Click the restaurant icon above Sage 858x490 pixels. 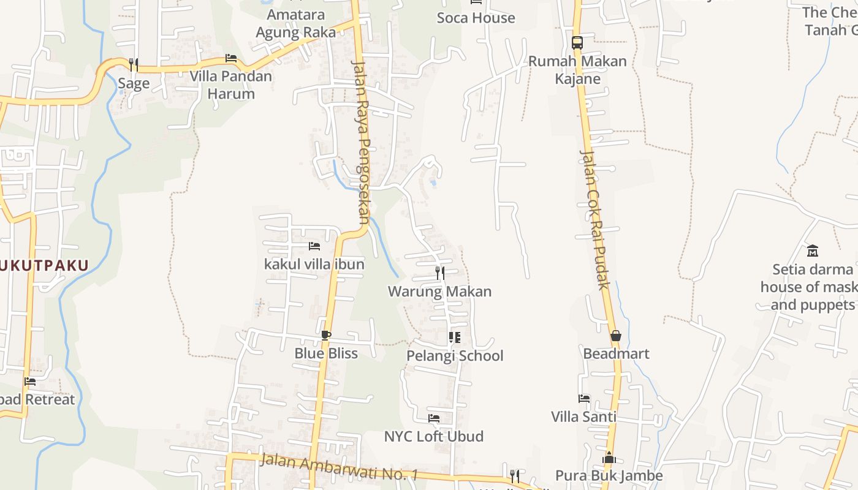(133, 64)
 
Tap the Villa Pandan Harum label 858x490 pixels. (230, 85)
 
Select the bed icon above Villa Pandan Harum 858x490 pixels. (231, 58)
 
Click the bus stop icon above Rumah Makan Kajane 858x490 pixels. (577, 43)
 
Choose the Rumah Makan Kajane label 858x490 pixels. (577, 70)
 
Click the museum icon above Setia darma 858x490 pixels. (813, 251)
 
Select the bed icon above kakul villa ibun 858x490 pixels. (314, 246)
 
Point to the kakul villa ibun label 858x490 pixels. (314, 265)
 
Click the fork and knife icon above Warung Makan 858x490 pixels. (439, 273)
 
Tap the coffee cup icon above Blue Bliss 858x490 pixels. (325, 335)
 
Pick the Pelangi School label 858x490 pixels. (455, 356)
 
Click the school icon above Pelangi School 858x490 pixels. (455, 337)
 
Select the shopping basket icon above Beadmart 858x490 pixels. (616, 336)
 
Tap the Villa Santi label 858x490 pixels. (583, 417)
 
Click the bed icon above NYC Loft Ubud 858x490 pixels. (434, 418)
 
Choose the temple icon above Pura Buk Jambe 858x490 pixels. (609, 458)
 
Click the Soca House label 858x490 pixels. (476, 18)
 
